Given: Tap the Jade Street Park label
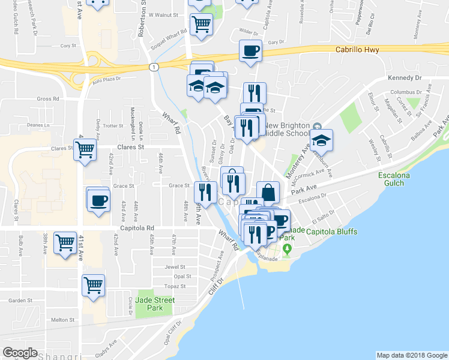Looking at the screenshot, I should click(x=154, y=304).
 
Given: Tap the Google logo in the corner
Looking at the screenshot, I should click(x=20, y=353).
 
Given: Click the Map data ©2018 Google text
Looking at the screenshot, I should click(x=411, y=355).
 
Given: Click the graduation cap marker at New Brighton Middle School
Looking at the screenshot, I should click(x=322, y=141).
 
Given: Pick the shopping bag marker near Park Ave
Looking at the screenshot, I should click(x=268, y=193).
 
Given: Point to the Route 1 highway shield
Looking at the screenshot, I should click(x=154, y=67).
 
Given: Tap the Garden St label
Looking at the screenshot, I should click(x=20, y=301).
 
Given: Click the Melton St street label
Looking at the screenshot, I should click(x=62, y=320).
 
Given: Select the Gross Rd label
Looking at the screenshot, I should click(x=48, y=99).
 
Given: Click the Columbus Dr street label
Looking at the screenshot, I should click(x=403, y=92).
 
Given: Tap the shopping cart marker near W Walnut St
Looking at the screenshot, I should click(x=201, y=25).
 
